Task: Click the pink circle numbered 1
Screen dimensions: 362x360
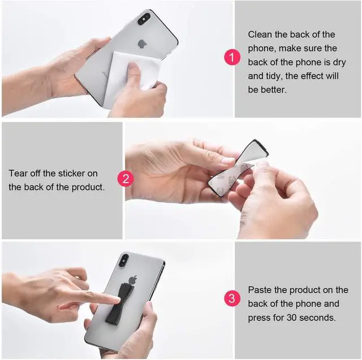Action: pyautogui.click(x=232, y=57)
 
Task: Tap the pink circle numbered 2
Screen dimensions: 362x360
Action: pyautogui.click(x=126, y=179)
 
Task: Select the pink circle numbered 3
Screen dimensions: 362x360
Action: pyautogui.click(x=232, y=298)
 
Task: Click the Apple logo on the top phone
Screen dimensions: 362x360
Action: pyautogui.click(x=142, y=44)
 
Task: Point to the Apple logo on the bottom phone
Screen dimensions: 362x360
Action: pyautogui.click(x=133, y=280)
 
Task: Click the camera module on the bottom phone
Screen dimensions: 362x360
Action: pyautogui.click(x=124, y=261)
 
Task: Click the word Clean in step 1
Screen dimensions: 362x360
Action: pyautogui.click(x=260, y=34)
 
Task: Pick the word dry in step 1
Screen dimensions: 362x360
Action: pyautogui.click(x=339, y=63)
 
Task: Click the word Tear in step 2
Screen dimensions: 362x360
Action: pyautogui.click(x=18, y=174)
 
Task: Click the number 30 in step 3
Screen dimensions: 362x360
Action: pyautogui.click(x=292, y=318)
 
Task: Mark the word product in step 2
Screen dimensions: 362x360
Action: pyautogui.click(x=88, y=187)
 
